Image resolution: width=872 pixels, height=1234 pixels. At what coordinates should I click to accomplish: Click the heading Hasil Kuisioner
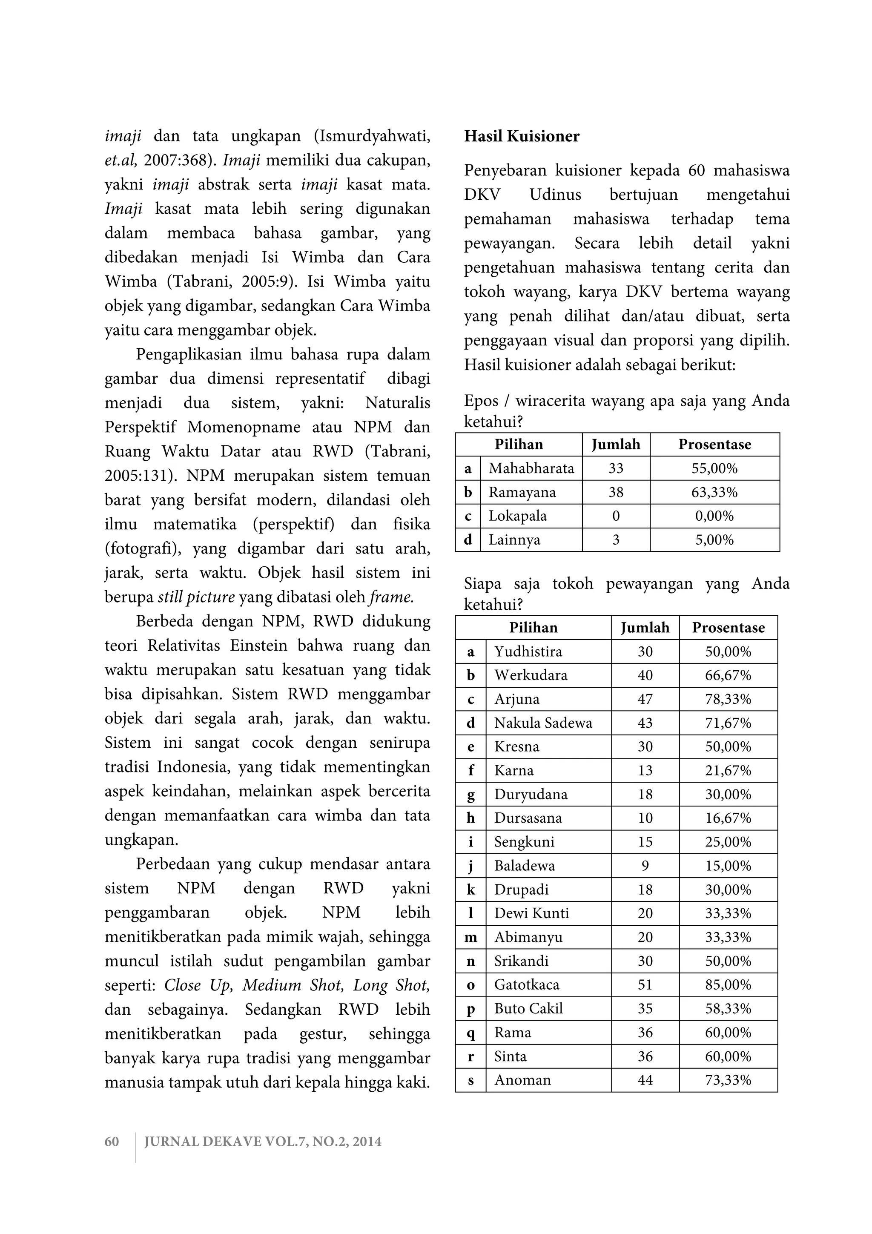522,137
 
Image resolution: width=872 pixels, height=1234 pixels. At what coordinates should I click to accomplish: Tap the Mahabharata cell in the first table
531,468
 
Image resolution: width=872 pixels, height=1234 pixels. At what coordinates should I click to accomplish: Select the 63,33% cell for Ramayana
714,492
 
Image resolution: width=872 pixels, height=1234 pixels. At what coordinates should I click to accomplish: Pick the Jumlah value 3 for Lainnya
616,540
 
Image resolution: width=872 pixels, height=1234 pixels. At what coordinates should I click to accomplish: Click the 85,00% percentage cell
728,984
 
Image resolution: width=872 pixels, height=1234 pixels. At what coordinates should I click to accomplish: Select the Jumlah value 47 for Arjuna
645,699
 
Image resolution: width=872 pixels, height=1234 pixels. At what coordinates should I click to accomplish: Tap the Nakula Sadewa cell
542,723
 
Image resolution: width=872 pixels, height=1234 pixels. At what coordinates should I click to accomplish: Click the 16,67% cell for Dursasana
728,818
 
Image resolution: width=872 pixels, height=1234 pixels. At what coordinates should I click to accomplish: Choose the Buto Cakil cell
528,1008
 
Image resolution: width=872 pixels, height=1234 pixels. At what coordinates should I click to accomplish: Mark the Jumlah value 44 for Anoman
645,1080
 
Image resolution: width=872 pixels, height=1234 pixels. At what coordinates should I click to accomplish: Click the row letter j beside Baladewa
470,866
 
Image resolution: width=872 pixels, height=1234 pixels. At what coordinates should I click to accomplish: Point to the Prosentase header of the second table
728,628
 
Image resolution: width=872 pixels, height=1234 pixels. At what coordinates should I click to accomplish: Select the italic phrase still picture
196,597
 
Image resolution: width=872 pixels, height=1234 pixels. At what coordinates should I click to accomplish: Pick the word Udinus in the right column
555,195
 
